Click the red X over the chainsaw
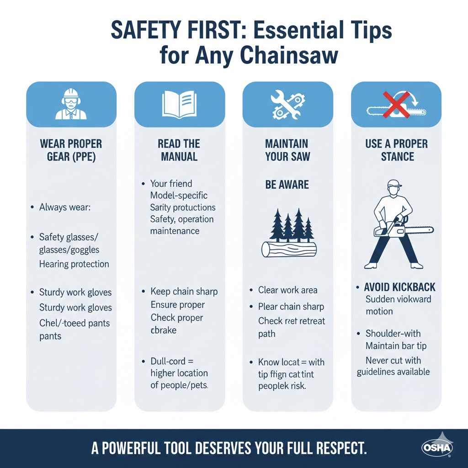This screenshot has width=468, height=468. tap(395, 104)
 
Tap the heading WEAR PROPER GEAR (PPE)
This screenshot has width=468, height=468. tap(71, 150)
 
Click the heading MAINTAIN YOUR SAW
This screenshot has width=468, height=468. tap(287, 150)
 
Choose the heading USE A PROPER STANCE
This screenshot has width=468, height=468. tap(396, 150)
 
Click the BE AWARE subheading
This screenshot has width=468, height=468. tap(287, 185)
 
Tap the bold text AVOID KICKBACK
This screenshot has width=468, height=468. tap(399, 287)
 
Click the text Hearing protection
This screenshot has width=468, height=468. tap(74, 264)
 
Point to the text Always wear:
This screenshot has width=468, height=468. tap(65, 207)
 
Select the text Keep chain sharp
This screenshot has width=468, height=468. tap(184, 291)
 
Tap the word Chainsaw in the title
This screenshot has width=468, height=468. tap(290, 56)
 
